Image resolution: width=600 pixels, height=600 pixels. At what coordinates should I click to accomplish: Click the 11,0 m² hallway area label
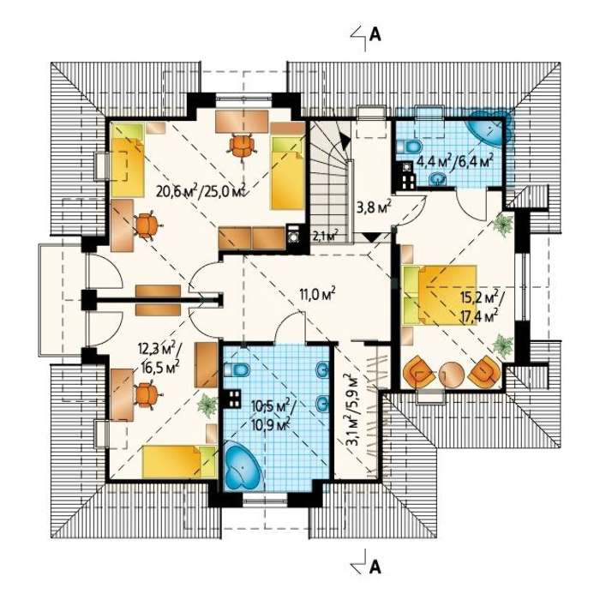click(x=318, y=294)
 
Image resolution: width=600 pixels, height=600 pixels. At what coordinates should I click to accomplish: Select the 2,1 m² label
click(x=326, y=235)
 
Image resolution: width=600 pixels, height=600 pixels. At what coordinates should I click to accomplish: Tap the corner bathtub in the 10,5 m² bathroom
click(x=242, y=466)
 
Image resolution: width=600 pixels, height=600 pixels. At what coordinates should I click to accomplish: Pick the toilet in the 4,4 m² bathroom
click(x=410, y=147)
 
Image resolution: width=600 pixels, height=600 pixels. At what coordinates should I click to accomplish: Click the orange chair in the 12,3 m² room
click(x=147, y=394)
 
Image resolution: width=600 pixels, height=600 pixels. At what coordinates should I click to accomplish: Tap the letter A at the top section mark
click(x=375, y=35)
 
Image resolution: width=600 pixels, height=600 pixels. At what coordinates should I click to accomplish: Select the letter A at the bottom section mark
click(x=375, y=567)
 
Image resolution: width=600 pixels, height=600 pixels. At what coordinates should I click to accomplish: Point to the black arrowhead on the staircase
click(x=344, y=141)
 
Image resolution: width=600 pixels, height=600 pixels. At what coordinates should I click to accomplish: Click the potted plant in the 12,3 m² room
click(x=207, y=405)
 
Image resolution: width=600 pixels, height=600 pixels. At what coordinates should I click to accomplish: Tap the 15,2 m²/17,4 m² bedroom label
click(x=480, y=306)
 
